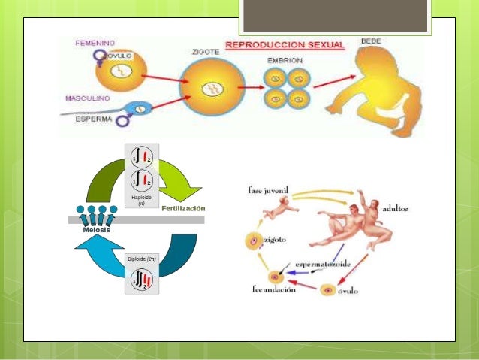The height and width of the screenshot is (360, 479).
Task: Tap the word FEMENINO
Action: pos(95,44)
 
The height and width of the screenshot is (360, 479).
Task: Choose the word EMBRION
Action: pos(286,59)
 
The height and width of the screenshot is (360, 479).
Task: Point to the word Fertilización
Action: pos(183,207)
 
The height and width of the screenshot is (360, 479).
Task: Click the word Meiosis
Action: pos(95,229)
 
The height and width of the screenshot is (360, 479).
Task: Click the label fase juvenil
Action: pos(269,190)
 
